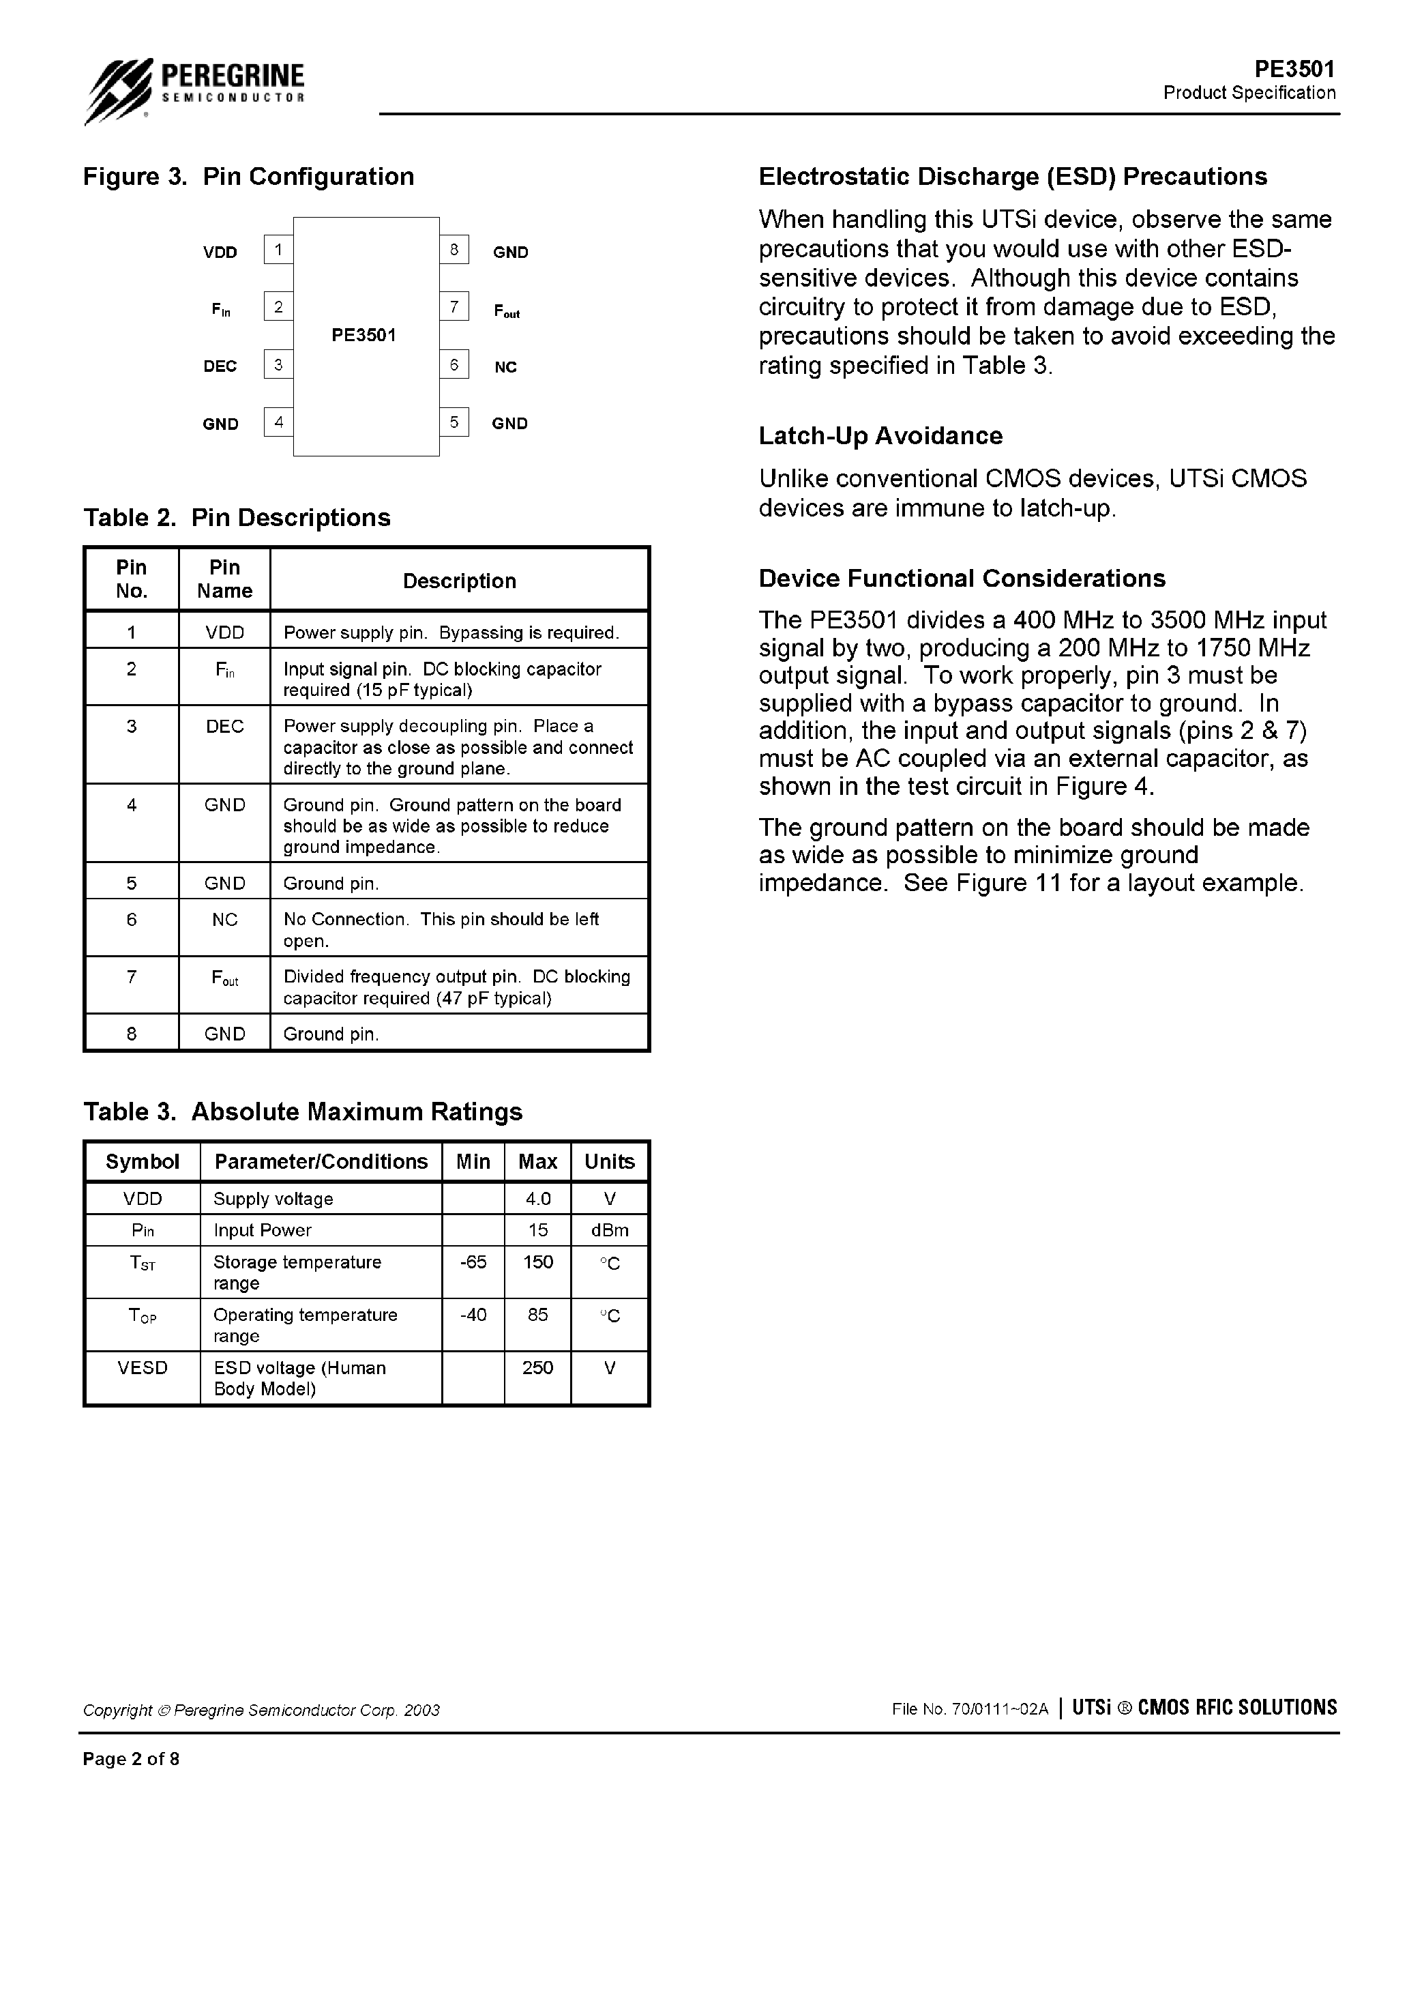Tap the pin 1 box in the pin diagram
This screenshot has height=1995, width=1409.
(x=278, y=250)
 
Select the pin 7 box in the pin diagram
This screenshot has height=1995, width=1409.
(x=454, y=307)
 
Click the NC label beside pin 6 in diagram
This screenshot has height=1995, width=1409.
(x=505, y=368)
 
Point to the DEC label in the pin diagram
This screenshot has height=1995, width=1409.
(x=220, y=366)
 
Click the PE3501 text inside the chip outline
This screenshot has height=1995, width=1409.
(x=364, y=336)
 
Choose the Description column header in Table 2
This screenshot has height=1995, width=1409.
(x=459, y=581)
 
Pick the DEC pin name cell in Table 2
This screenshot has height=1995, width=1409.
(x=224, y=727)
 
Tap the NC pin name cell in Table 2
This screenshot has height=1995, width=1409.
(x=224, y=919)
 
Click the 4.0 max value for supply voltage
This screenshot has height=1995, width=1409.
(x=537, y=1199)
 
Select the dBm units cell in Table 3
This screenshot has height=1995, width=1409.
(x=610, y=1230)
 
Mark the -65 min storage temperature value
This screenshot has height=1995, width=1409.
(x=473, y=1262)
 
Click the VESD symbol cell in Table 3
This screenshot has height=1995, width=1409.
(x=143, y=1368)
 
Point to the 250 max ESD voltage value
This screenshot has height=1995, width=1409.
(x=537, y=1368)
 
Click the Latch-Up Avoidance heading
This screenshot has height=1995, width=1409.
(x=880, y=435)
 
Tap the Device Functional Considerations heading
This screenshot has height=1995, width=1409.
(x=962, y=579)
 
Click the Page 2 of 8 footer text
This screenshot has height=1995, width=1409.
(x=131, y=1759)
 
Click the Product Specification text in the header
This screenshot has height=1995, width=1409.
(x=1249, y=93)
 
